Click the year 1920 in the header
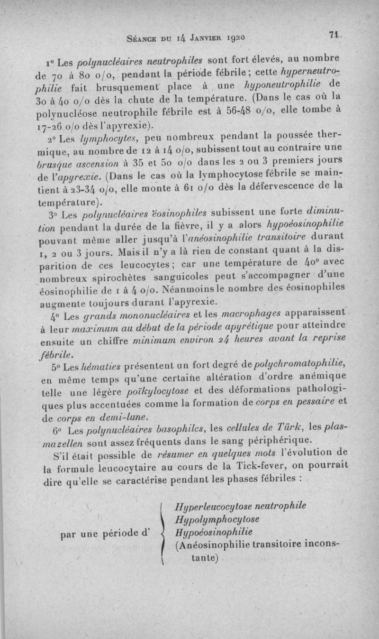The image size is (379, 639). (232, 36)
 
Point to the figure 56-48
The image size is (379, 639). (252, 113)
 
